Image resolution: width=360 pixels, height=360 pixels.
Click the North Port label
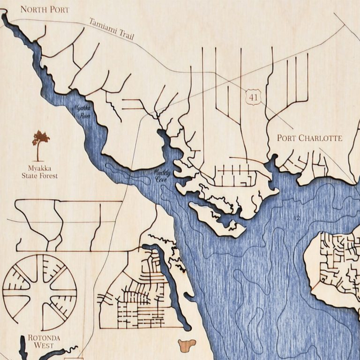click(x=45, y=9)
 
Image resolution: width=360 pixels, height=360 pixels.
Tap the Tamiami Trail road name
click(x=110, y=29)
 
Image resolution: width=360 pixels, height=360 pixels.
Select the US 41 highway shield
click(x=254, y=97)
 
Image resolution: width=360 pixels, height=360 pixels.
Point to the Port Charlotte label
click(x=309, y=138)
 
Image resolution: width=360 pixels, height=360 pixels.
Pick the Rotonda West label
click(x=40, y=341)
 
